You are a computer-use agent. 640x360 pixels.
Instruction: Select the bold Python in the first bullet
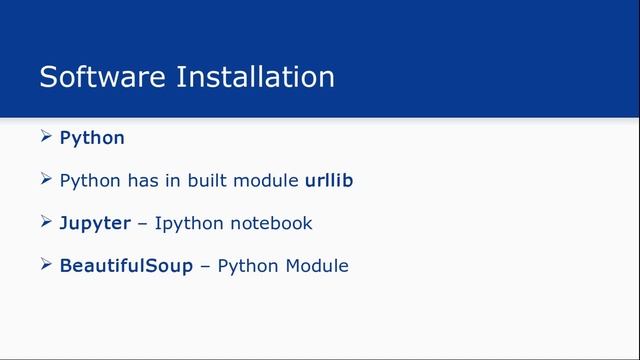click(x=92, y=138)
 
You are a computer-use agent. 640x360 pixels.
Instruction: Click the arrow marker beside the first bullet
click(x=47, y=137)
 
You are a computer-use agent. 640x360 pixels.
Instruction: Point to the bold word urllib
click(x=328, y=181)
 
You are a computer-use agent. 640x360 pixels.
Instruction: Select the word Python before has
click(x=90, y=182)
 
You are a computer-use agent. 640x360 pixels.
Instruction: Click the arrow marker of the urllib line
click(x=47, y=180)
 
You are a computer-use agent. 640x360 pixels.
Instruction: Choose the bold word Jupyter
click(x=95, y=224)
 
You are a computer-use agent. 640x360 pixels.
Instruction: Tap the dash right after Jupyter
click(x=142, y=223)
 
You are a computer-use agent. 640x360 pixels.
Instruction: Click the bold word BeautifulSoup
click(x=126, y=266)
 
